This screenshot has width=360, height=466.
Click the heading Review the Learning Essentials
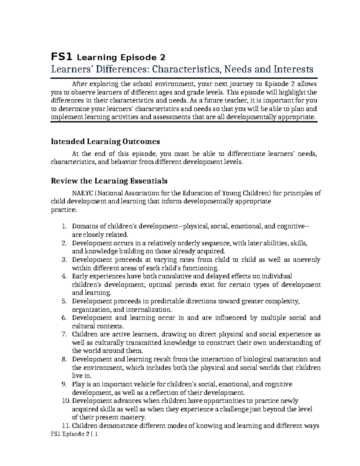(109, 181)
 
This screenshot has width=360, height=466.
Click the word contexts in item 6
(112, 326)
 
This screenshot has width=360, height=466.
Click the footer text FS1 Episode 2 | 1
(74, 434)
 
